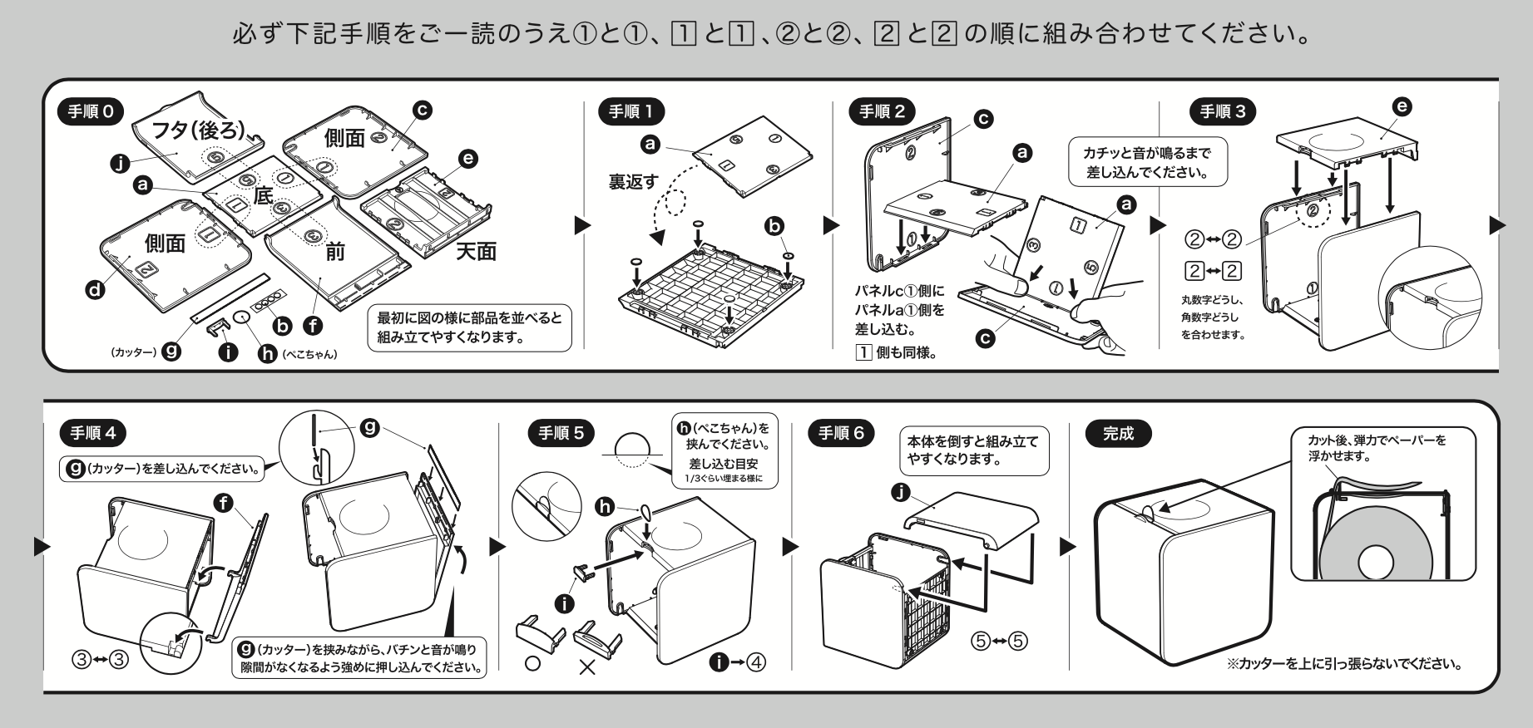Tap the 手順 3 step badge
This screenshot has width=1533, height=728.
(x=1223, y=111)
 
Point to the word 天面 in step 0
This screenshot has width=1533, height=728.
(x=477, y=252)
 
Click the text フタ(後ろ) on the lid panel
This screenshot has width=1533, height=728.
(x=198, y=129)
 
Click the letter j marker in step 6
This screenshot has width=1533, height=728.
(x=898, y=492)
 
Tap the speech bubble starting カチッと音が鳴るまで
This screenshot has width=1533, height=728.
(x=1147, y=162)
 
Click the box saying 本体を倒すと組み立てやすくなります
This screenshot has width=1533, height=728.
(x=973, y=450)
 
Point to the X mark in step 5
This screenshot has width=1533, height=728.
(x=587, y=666)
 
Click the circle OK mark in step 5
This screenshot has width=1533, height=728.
(x=532, y=665)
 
